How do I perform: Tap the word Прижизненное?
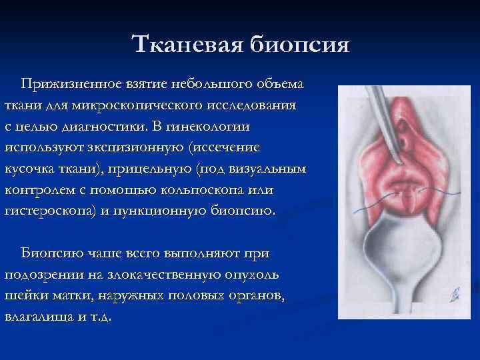[x=71, y=85]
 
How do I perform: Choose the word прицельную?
[x=155, y=169]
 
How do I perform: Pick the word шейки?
[x=25, y=295]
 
